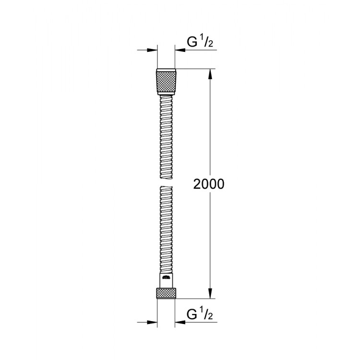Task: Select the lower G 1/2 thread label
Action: (x=200, y=315)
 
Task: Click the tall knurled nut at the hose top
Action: (x=166, y=82)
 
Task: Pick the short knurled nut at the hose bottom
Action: (x=166, y=293)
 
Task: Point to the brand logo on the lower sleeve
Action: (x=166, y=278)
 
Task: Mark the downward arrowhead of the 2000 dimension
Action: (x=209, y=293)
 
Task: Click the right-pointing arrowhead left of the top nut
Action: (x=153, y=49)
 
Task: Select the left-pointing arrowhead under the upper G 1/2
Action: (x=179, y=49)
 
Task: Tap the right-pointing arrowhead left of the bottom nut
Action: (x=153, y=322)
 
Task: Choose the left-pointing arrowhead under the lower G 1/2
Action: (x=179, y=322)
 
